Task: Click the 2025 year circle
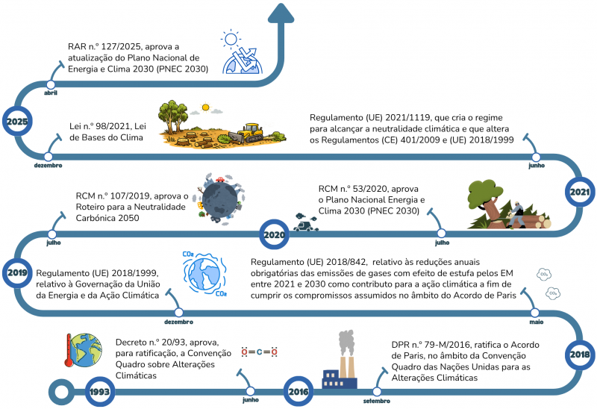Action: coord(17,122)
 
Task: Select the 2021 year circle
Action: coord(580,192)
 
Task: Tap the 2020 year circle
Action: coord(274,234)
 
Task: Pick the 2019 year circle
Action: coord(17,272)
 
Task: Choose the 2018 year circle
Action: coord(580,355)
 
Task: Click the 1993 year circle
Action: coord(100,392)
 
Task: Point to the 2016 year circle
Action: coord(298,392)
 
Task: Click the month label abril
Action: coord(51,93)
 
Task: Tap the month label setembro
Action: coord(377,401)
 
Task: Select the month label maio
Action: coord(536,322)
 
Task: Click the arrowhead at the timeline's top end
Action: coord(281,13)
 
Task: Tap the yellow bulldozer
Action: coord(248,133)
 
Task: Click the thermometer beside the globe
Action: coord(69,350)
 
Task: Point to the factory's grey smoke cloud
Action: coord(346,343)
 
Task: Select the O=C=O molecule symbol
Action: coord(259,352)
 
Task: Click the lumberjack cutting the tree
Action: coord(516,214)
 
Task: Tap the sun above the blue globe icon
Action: coord(231,39)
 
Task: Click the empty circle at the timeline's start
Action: coord(61,392)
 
